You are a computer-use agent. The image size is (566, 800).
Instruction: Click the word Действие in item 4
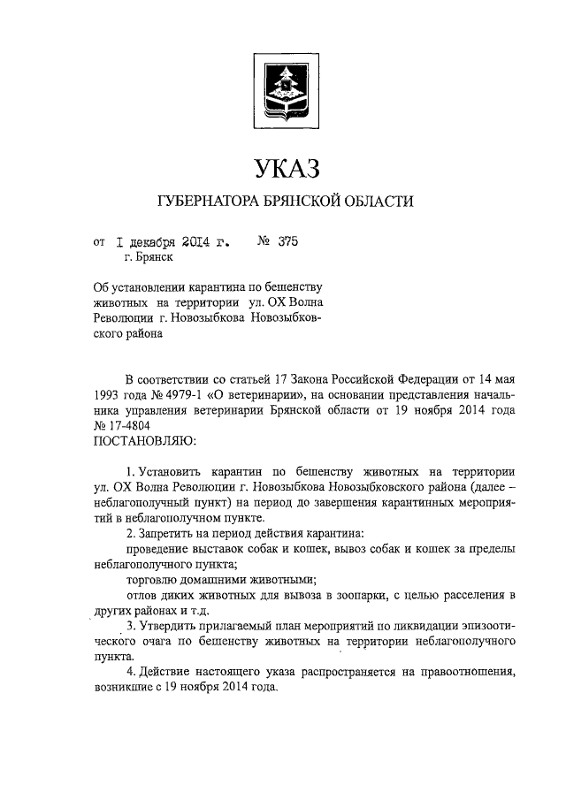pyautogui.click(x=165, y=674)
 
